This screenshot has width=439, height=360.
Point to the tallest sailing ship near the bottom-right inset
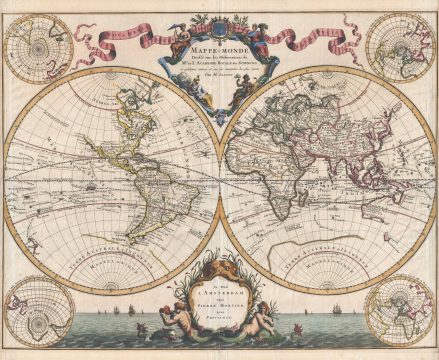pos(345,314)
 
